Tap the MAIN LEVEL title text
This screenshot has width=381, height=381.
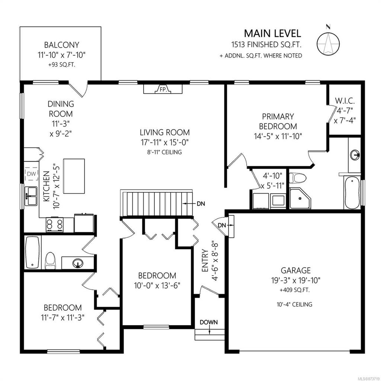click(x=272, y=33)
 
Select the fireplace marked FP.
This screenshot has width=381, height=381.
click(x=163, y=89)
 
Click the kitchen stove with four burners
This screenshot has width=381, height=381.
click(x=54, y=224)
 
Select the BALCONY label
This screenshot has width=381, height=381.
click(x=61, y=45)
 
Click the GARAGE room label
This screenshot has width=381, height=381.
click(x=296, y=270)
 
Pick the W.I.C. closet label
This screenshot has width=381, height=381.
click(x=344, y=100)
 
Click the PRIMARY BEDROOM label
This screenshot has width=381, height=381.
click(x=278, y=121)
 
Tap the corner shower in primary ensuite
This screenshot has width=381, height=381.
click(x=301, y=198)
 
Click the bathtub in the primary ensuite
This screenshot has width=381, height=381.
click(x=352, y=193)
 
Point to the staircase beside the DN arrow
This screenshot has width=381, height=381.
click(x=156, y=203)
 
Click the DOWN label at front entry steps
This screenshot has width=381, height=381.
click(x=209, y=322)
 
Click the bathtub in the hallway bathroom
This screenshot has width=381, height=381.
click(x=32, y=253)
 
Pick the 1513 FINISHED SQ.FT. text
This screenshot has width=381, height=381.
click(x=265, y=45)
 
